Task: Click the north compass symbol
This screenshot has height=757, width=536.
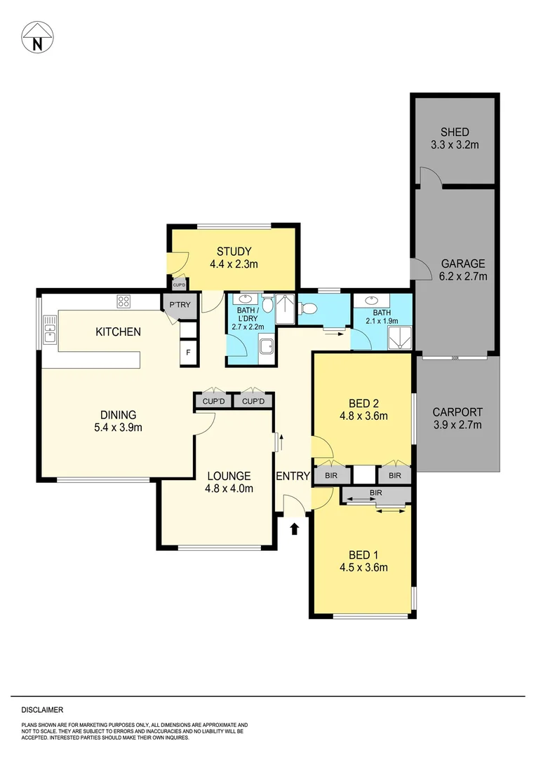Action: [37, 38]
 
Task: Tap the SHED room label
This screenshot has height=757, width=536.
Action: [455, 132]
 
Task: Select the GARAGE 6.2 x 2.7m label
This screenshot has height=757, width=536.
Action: [463, 270]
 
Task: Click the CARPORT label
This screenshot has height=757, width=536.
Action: [457, 412]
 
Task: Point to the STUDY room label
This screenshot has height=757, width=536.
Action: [234, 252]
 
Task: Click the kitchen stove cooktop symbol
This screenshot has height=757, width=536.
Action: [123, 301]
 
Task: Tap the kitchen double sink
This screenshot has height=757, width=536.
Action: [50, 329]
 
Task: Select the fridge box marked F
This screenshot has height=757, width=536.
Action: [189, 353]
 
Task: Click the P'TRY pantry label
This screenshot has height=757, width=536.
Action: [180, 305]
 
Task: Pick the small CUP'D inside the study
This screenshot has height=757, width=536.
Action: [179, 285]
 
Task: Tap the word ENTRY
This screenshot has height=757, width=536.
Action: [293, 476]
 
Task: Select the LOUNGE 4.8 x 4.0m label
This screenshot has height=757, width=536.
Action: [229, 482]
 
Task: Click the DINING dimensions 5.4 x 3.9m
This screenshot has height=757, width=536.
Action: [119, 428]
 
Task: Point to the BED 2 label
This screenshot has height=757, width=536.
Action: [363, 403]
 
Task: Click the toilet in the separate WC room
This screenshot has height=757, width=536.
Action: [307, 308]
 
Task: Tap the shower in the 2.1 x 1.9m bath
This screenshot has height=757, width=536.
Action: [401, 338]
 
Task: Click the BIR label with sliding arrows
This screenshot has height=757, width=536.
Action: [375, 493]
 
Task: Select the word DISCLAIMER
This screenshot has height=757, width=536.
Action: [42, 709]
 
